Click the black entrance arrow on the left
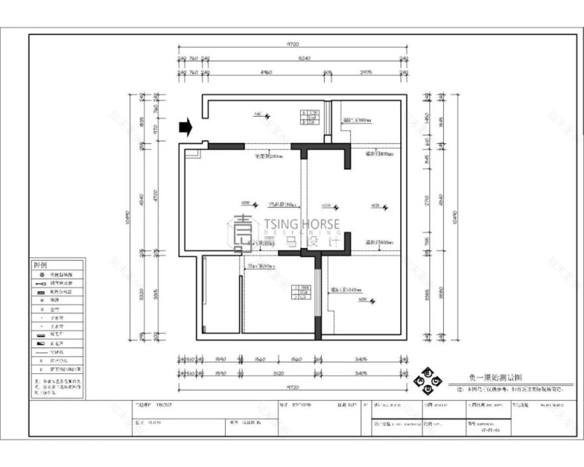click(x=186, y=127)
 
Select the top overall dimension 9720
click(x=291, y=44)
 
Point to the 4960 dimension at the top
click(x=265, y=72)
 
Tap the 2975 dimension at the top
click(x=365, y=72)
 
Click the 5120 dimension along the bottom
click(x=279, y=373)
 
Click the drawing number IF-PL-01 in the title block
click(x=492, y=430)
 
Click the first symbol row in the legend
click(x=56, y=274)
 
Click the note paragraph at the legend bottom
click(x=56, y=387)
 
